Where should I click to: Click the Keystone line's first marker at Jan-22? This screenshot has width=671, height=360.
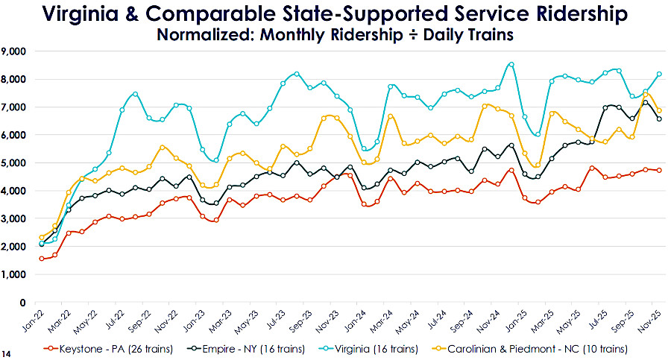[x=42, y=259]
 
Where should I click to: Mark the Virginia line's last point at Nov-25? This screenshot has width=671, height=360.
[x=658, y=74]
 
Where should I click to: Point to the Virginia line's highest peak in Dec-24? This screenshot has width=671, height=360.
[x=511, y=64]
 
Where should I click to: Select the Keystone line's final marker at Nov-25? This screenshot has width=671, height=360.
[x=658, y=171]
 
